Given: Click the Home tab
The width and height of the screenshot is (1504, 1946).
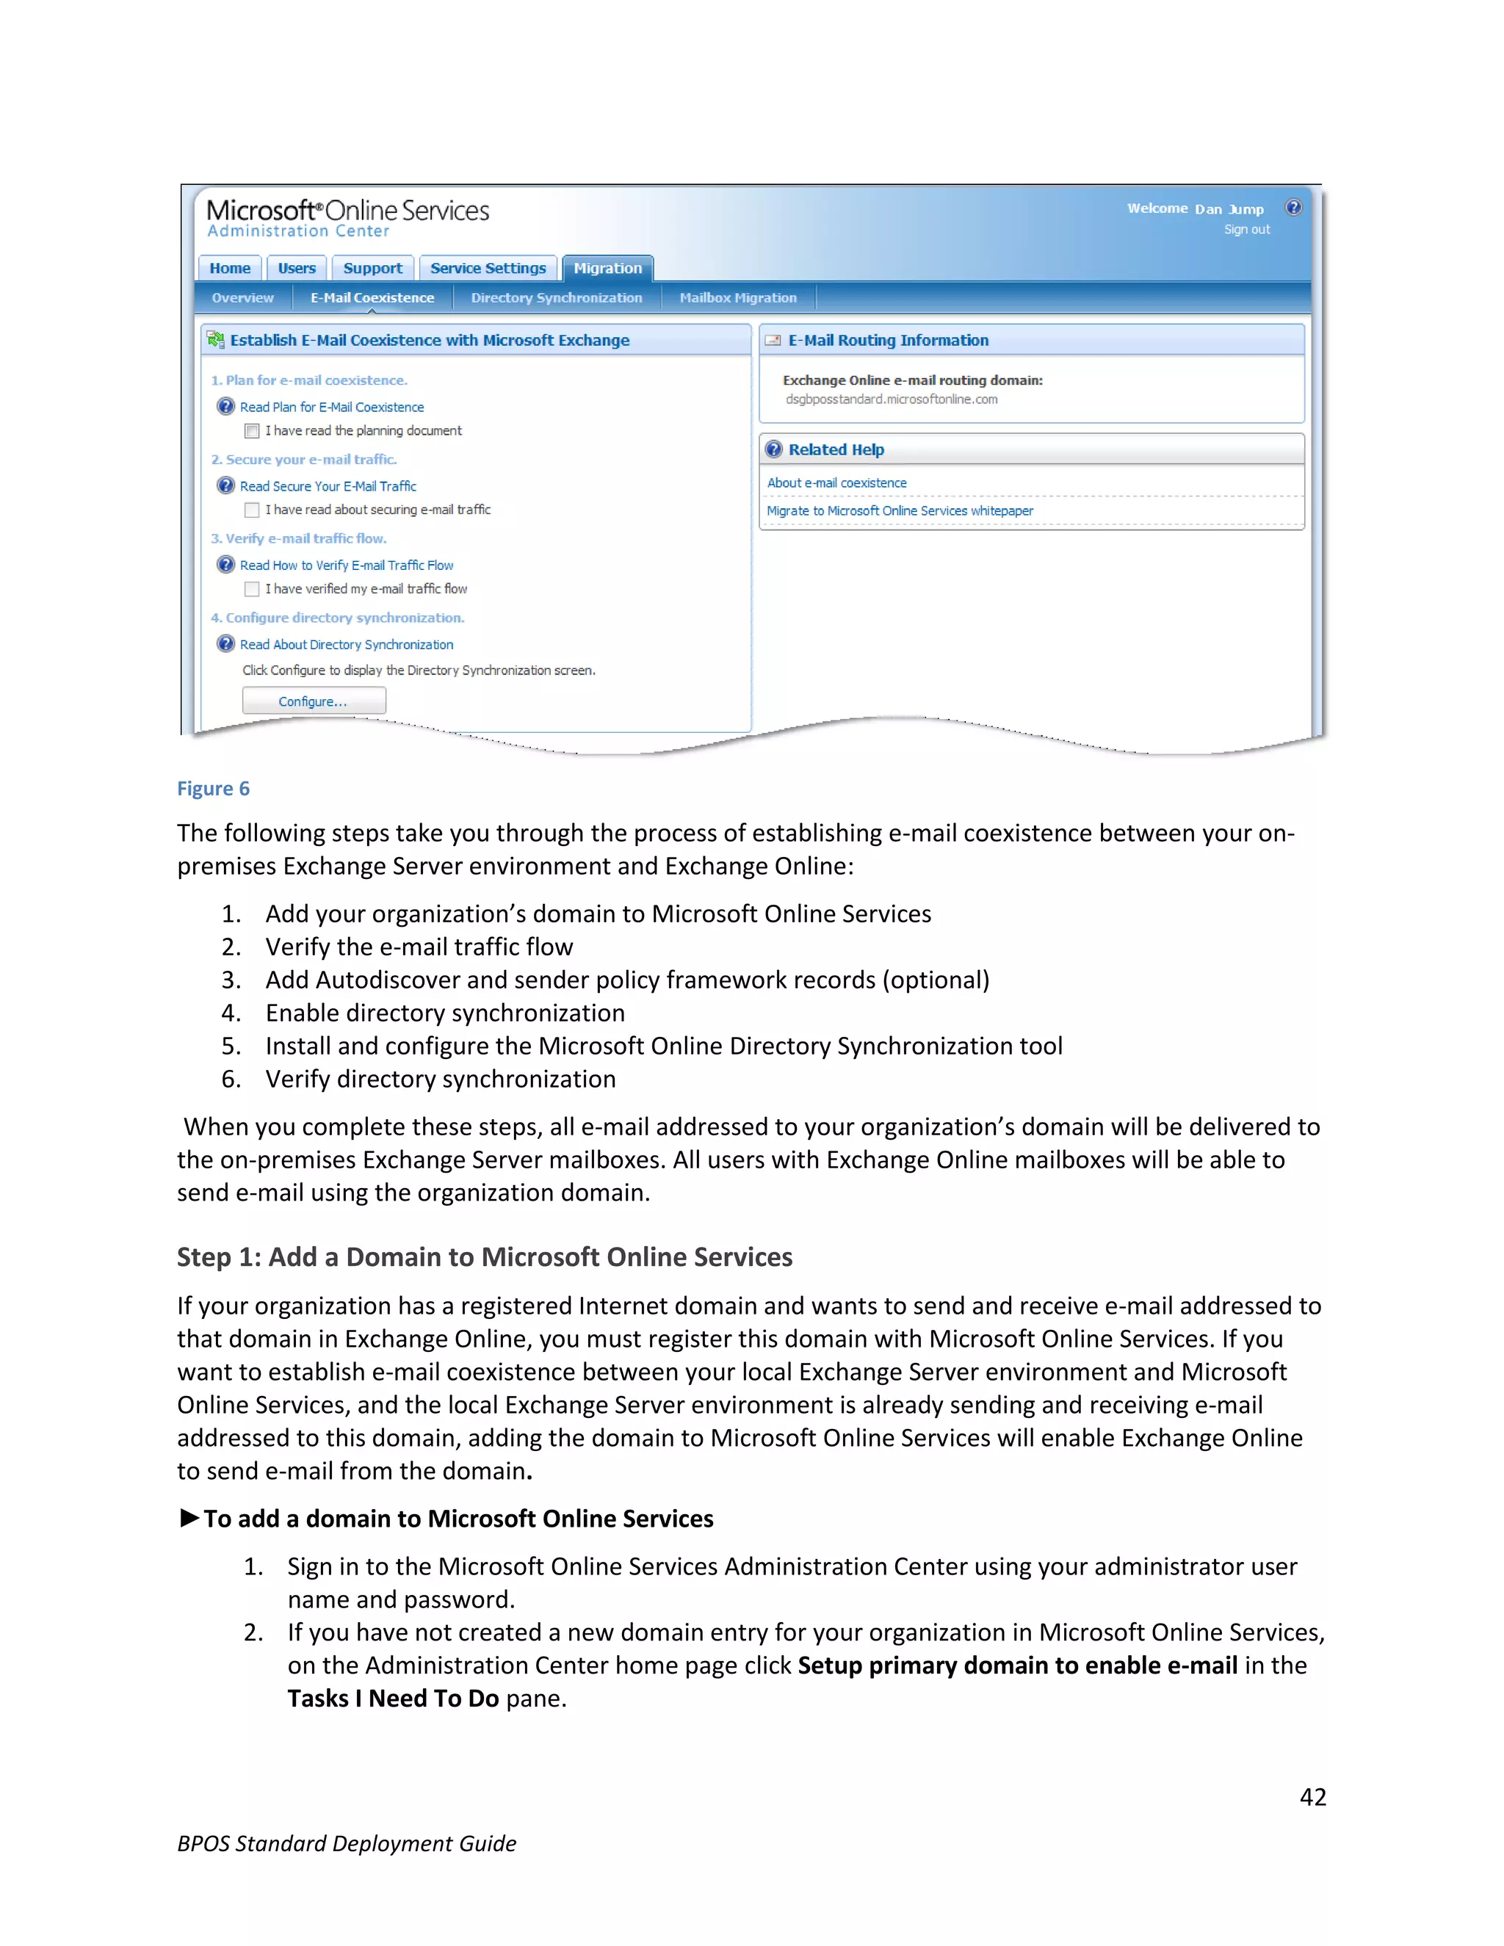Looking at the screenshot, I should [230, 268].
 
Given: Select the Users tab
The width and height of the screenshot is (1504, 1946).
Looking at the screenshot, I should [297, 268].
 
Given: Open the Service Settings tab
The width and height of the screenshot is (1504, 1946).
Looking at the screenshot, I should [488, 268].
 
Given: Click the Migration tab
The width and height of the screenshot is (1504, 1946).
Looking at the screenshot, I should [607, 268].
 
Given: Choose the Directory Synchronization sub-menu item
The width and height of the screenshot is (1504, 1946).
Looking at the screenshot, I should [556, 297].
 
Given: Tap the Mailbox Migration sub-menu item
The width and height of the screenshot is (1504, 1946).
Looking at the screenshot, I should [738, 297].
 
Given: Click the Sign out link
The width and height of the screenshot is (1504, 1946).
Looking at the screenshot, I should [1246, 230].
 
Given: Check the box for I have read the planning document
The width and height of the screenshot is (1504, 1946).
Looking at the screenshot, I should [252, 431].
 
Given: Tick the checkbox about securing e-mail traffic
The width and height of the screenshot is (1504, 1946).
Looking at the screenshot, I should [252, 510].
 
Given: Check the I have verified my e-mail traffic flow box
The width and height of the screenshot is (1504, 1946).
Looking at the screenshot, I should [252, 589].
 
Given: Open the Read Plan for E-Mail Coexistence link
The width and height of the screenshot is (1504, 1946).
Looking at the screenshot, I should [331, 408].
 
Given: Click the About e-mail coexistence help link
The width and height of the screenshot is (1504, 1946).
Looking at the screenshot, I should [836, 483].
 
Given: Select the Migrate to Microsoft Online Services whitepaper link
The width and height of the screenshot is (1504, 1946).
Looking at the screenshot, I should [900, 510].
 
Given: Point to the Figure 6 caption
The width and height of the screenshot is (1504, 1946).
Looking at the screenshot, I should [213, 789].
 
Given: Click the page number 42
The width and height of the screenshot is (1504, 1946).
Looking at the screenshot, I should [1312, 1797].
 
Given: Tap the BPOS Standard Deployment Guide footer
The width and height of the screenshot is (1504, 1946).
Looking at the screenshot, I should [347, 1843].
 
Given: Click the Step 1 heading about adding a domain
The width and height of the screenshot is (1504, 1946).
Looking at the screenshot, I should [484, 1257].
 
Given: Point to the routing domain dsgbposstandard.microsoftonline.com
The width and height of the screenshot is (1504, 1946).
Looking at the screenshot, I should [891, 399].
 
